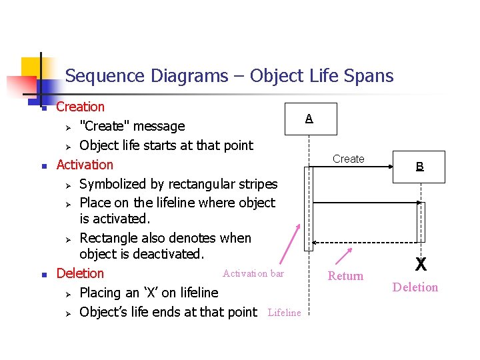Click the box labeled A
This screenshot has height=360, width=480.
click(x=309, y=119)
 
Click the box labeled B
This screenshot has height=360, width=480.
click(x=420, y=167)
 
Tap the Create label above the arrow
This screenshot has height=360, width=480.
click(x=349, y=159)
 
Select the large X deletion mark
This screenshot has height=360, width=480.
click(x=421, y=265)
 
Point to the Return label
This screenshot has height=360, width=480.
click(x=346, y=276)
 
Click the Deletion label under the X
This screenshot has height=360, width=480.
click(x=415, y=287)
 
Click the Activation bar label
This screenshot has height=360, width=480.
click(x=253, y=273)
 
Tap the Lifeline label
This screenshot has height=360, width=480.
click(x=284, y=313)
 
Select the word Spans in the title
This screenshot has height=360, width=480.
click(x=368, y=76)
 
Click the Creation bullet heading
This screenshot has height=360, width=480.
click(x=81, y=107)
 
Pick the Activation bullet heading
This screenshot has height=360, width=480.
click(x=85, y=165)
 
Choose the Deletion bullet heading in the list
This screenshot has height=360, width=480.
click(x=80, y=273)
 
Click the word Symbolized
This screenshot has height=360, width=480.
click(x=115, y=184)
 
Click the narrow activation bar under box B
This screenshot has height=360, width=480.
click(x=421, y=221)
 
